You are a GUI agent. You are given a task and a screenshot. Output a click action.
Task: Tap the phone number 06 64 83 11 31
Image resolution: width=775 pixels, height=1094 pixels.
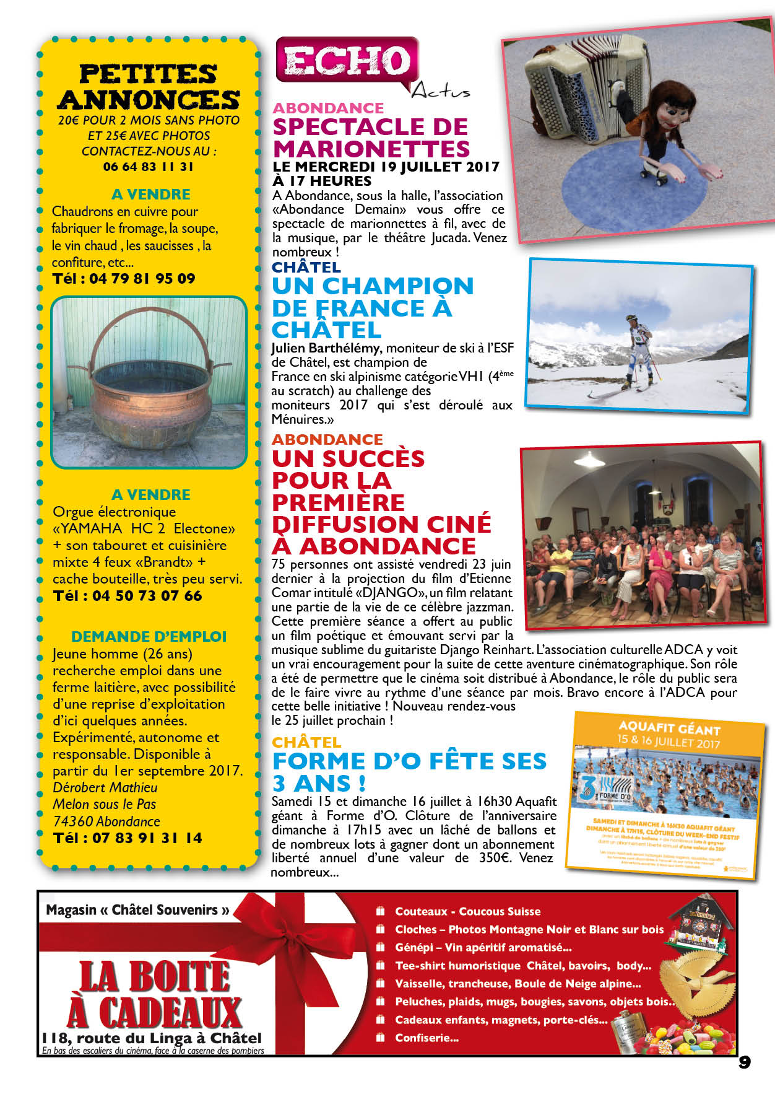pos(149,167)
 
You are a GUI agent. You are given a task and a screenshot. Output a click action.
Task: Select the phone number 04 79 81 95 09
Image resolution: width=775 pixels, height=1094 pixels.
pos(124,279)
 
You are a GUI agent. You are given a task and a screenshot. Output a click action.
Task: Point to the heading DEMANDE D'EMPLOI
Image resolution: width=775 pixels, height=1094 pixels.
pos(149,637)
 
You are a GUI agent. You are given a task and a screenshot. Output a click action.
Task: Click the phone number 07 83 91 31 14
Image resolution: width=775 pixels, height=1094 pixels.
pos(128,838)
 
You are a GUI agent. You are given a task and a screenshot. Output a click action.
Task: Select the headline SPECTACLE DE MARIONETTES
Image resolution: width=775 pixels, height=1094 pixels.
pos(371,138)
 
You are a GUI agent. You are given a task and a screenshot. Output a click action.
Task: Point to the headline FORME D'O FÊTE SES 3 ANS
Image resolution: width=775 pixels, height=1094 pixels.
pos(409,772)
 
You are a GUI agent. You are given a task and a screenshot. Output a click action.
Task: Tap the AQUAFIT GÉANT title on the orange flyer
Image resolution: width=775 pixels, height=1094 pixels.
pos(669,729)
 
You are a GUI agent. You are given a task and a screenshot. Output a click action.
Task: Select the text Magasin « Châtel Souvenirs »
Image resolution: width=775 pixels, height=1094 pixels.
pos(137,910)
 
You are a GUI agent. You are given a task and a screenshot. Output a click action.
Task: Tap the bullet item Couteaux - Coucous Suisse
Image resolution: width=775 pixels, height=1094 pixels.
pos(467,911)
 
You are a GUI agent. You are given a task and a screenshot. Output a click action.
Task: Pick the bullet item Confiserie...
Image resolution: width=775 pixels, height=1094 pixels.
pos(426,1038)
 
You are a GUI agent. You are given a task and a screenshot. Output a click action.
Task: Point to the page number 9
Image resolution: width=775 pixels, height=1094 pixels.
pos(744,1062)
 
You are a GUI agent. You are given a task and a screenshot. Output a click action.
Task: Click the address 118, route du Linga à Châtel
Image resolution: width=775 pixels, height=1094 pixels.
pos(152,1038)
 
